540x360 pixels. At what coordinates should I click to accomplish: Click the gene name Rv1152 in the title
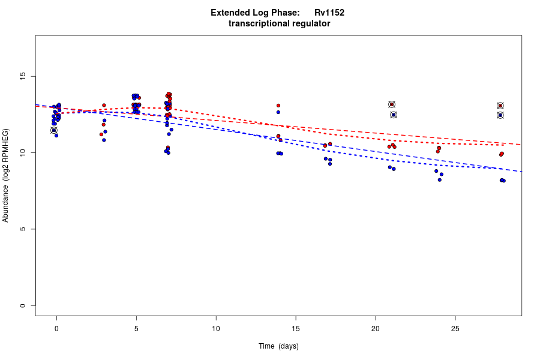pyautogui.click(x=329, y=13)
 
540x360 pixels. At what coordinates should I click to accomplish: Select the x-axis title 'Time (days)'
pyautogui.click(x=278, y=346)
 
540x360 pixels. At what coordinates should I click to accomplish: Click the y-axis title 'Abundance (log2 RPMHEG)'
pyautogui.click(x=6, y=175)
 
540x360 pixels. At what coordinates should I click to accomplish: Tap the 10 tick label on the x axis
pyautogui.click(x=216, y=328)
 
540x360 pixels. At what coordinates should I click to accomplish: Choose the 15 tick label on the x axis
pyautogui.click(x=296, y=328)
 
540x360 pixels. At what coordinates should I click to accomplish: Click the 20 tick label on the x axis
pyautogui.click(x=376, y=328)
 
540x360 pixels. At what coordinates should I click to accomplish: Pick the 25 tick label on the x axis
pyautogui.click(x=455, y=328)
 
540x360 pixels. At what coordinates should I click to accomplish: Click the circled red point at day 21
pyautogui.click(x=392, y=104)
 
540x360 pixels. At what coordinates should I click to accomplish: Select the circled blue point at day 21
pyautogui.click(x=394, y=115)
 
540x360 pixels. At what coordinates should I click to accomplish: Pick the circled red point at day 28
pyautogui.click(x=500, y=106)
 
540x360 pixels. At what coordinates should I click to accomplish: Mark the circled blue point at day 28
pyautogui.click(x=500, y=115)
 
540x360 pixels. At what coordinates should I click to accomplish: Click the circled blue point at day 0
pyautogui.click(x=54, y=130)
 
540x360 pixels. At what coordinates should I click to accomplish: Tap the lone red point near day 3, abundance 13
pyautogui.click(x=104, y=106)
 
